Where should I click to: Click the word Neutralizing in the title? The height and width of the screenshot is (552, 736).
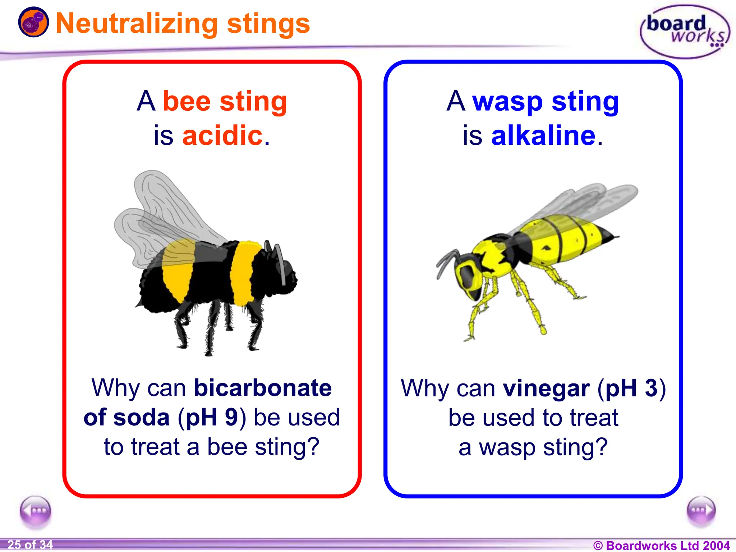[137, 24]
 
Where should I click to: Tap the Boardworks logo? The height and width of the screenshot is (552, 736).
[685, 32]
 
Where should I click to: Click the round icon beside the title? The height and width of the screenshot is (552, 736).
[33, 22]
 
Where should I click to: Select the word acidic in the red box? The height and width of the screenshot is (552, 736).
[223, 136]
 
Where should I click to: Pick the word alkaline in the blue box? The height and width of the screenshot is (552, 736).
[543, 136]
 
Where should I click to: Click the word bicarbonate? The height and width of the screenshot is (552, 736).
[263, 388]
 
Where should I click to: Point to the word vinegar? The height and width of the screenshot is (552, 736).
[546, 388]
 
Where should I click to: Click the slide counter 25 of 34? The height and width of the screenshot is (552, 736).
[30, 545]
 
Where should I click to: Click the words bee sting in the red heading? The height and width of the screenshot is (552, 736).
[225, 102]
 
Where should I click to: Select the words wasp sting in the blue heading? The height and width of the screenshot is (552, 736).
[545, 102]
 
